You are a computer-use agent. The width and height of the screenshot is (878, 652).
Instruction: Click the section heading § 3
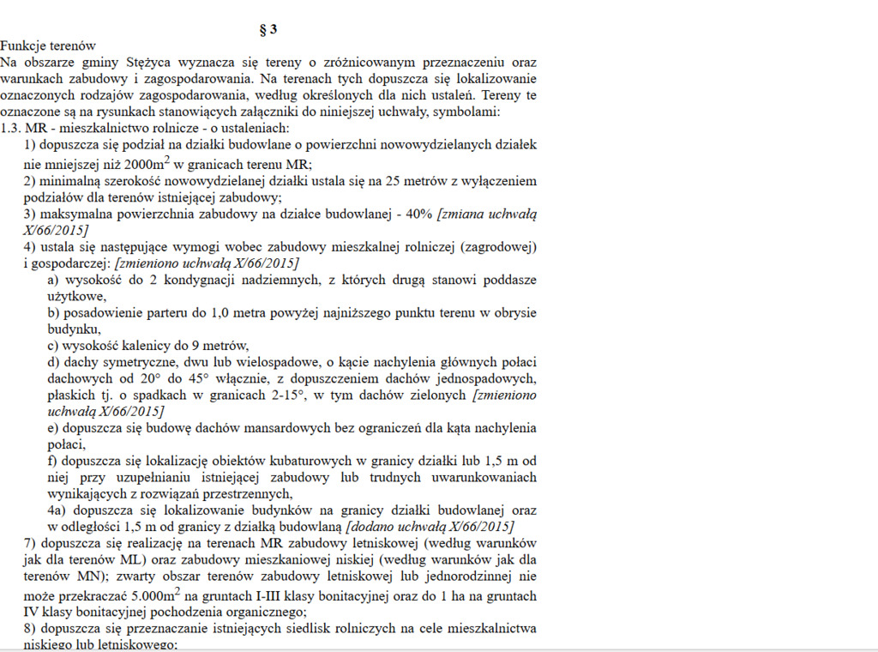[268, 29]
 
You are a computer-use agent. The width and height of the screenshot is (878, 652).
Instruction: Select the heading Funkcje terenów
[48, 45]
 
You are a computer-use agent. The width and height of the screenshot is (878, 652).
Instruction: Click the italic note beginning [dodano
[430, 526]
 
